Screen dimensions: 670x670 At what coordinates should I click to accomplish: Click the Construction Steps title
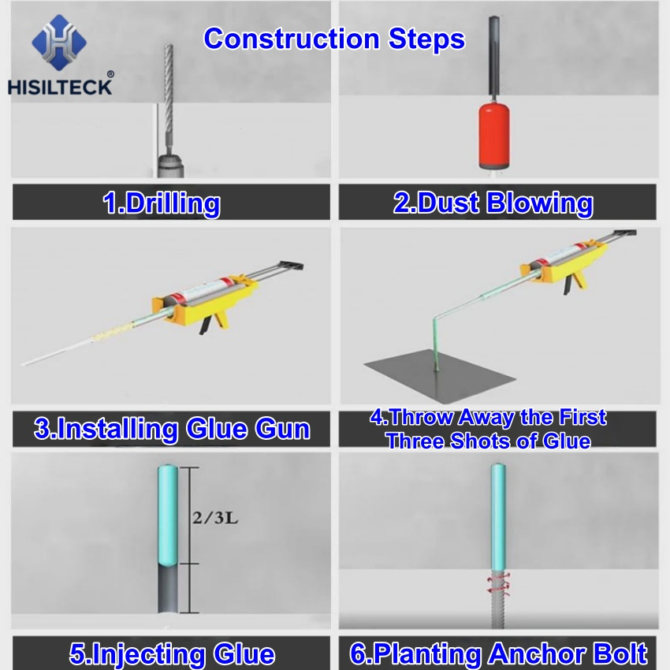[x=334, y=39]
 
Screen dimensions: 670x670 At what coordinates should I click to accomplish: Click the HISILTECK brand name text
[x=61, y=86]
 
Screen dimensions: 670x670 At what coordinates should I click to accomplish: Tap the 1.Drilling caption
[x=162, y=203]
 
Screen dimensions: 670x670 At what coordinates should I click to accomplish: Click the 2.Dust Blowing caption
[x=493, y=203]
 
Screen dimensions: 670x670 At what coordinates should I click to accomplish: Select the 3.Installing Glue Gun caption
[x=172, y=430]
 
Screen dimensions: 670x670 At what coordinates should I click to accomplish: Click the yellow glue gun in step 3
[x=204, y=304]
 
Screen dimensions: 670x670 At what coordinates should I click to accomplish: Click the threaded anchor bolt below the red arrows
[x=497, y=611]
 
